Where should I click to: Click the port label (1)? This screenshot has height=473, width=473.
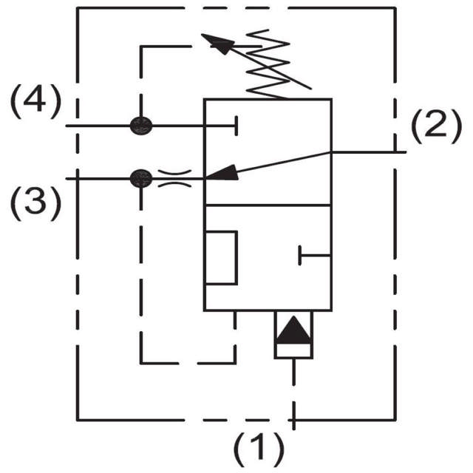(x=259, y=448)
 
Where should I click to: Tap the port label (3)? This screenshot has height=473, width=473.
(x=34, y=203)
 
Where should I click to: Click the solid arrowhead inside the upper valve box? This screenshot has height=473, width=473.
(x=222, y=171)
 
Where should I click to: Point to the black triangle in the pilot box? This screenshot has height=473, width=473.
(x=293, y=330)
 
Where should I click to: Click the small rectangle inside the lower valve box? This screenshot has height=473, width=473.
(x=221, y=256)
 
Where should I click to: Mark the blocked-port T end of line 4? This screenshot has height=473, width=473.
(x=235, y=126)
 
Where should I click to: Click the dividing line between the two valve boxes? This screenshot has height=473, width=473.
(x=268, y=205)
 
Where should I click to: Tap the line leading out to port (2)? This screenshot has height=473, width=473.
(x=370, y=152)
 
